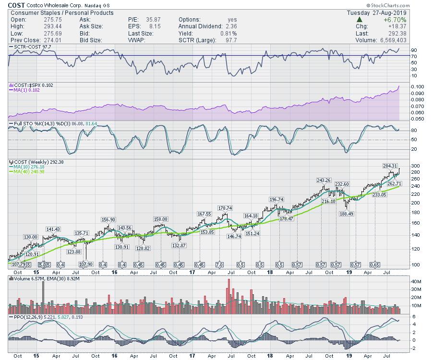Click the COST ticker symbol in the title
pyautogui.click(x=17, y=5)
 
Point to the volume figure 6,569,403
pyautogui.click(x=408, y=40)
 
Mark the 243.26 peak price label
pyautogui.click(x=324, y=180)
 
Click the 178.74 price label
pyautogui.click(x=225, y=208)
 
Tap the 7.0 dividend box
pyautogui.click(x=220, y=265)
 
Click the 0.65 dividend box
pyautogui.click(x=375, y=265)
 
